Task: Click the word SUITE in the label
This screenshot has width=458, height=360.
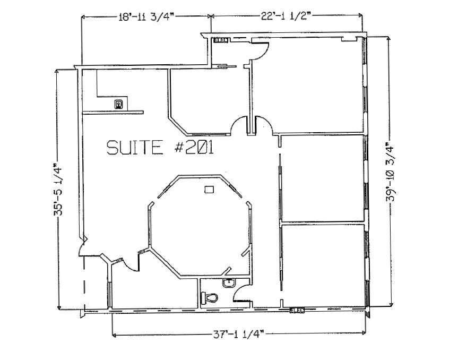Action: tap(135, 147)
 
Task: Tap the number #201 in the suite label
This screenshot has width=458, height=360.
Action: tap(194, 147)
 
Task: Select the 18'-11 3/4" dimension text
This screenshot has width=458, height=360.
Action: tap(146, 16)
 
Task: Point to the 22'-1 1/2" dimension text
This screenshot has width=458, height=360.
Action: tap(288, 16)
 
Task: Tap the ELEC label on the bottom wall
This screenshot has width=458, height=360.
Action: tap(297, 310)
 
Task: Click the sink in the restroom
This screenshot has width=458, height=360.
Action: tap(229, 282)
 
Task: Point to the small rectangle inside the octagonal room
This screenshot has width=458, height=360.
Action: tap(210, 189)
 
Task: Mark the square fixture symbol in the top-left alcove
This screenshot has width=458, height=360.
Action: tap(119, 104)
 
